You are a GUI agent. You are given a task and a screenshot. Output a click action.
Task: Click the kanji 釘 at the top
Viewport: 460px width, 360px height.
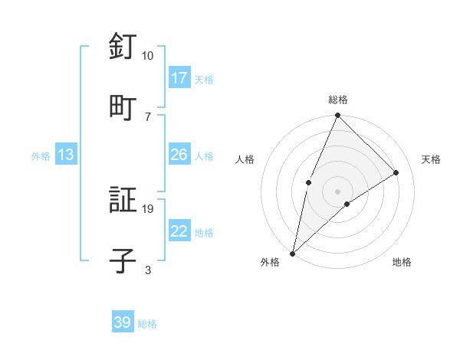pyautogui.click(x=123, y=47)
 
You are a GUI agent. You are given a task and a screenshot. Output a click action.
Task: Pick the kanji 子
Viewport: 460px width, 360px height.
pyautogui.click(x=123, y=260)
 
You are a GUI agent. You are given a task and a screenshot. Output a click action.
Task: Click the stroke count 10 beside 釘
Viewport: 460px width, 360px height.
pyautogui.click(x=147, y=56)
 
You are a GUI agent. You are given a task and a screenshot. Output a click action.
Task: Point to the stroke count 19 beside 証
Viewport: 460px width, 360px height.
pyautogui.click(x=147, y=208)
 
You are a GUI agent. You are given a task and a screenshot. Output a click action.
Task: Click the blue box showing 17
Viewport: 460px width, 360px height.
pyautogui.click(x=179, y=77)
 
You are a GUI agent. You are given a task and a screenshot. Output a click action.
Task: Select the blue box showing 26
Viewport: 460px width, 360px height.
pyautogui.click(x=179, y=155)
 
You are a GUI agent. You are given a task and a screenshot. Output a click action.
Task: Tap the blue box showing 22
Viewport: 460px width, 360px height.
pyautogui.click(x=179, y=231)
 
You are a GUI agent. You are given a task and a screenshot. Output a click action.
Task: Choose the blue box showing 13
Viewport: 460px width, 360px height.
pyautogui.click(x=66, y=155)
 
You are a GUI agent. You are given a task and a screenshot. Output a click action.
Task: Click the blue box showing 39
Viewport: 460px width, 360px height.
pyautogui.click(x=123, y=322)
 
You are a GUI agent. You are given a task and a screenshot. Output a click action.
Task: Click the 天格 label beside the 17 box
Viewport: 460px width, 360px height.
pyautogui.click(x=204, y=79)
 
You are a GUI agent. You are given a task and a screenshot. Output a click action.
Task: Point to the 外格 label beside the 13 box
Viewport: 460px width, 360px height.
pyautogui.click(x=41, y=156)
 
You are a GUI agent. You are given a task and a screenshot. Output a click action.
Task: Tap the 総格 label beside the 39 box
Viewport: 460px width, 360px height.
pyautogui.click(x=147, y=324)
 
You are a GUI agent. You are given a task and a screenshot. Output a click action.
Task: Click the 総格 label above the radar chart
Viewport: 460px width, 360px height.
pyautogui.click(x=338, y=100)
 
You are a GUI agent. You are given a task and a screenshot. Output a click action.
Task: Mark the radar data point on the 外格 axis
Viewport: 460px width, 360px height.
pyautogui.click(x=292, y=254)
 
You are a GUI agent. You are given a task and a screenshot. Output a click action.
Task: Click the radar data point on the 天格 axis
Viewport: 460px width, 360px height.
pyautogui.click(x=396, y=172)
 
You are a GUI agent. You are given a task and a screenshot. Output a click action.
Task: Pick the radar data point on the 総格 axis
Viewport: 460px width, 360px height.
pyautogui.click(x=338, y=116)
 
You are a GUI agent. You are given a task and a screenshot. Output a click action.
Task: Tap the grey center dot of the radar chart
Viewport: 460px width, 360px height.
pyautogui.click(x=338, y=191)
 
